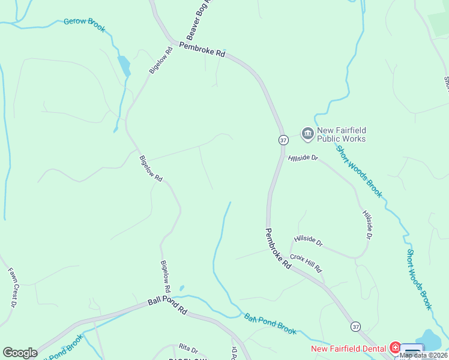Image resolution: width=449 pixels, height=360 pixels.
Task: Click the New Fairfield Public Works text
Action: click(x=341, y=135)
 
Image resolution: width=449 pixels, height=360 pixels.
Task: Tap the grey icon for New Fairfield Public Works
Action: click(x=308, y=133)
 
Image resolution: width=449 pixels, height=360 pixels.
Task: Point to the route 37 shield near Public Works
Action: click(x=283, y=139)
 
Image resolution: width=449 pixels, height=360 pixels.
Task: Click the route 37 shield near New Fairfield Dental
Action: click(x=357, y=326)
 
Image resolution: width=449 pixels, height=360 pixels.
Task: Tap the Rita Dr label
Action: click(x=188, y=349)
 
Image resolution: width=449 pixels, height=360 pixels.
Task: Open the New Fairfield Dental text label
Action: click(x=348, y=348)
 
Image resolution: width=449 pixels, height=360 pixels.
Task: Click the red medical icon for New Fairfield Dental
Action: click(x=395, y=347)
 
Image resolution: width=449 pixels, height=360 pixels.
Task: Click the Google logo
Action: click(x=20, y=353)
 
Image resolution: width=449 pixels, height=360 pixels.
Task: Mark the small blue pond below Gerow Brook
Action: click(x=124, y=65)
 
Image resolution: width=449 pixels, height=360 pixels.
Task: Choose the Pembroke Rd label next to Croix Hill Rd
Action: click(x=277, y=251)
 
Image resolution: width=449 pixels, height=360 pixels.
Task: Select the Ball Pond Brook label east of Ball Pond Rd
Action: click(x=270, y=323)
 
